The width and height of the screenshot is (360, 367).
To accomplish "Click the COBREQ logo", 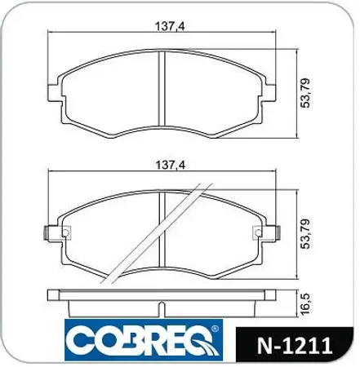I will (x=142, y=343).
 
